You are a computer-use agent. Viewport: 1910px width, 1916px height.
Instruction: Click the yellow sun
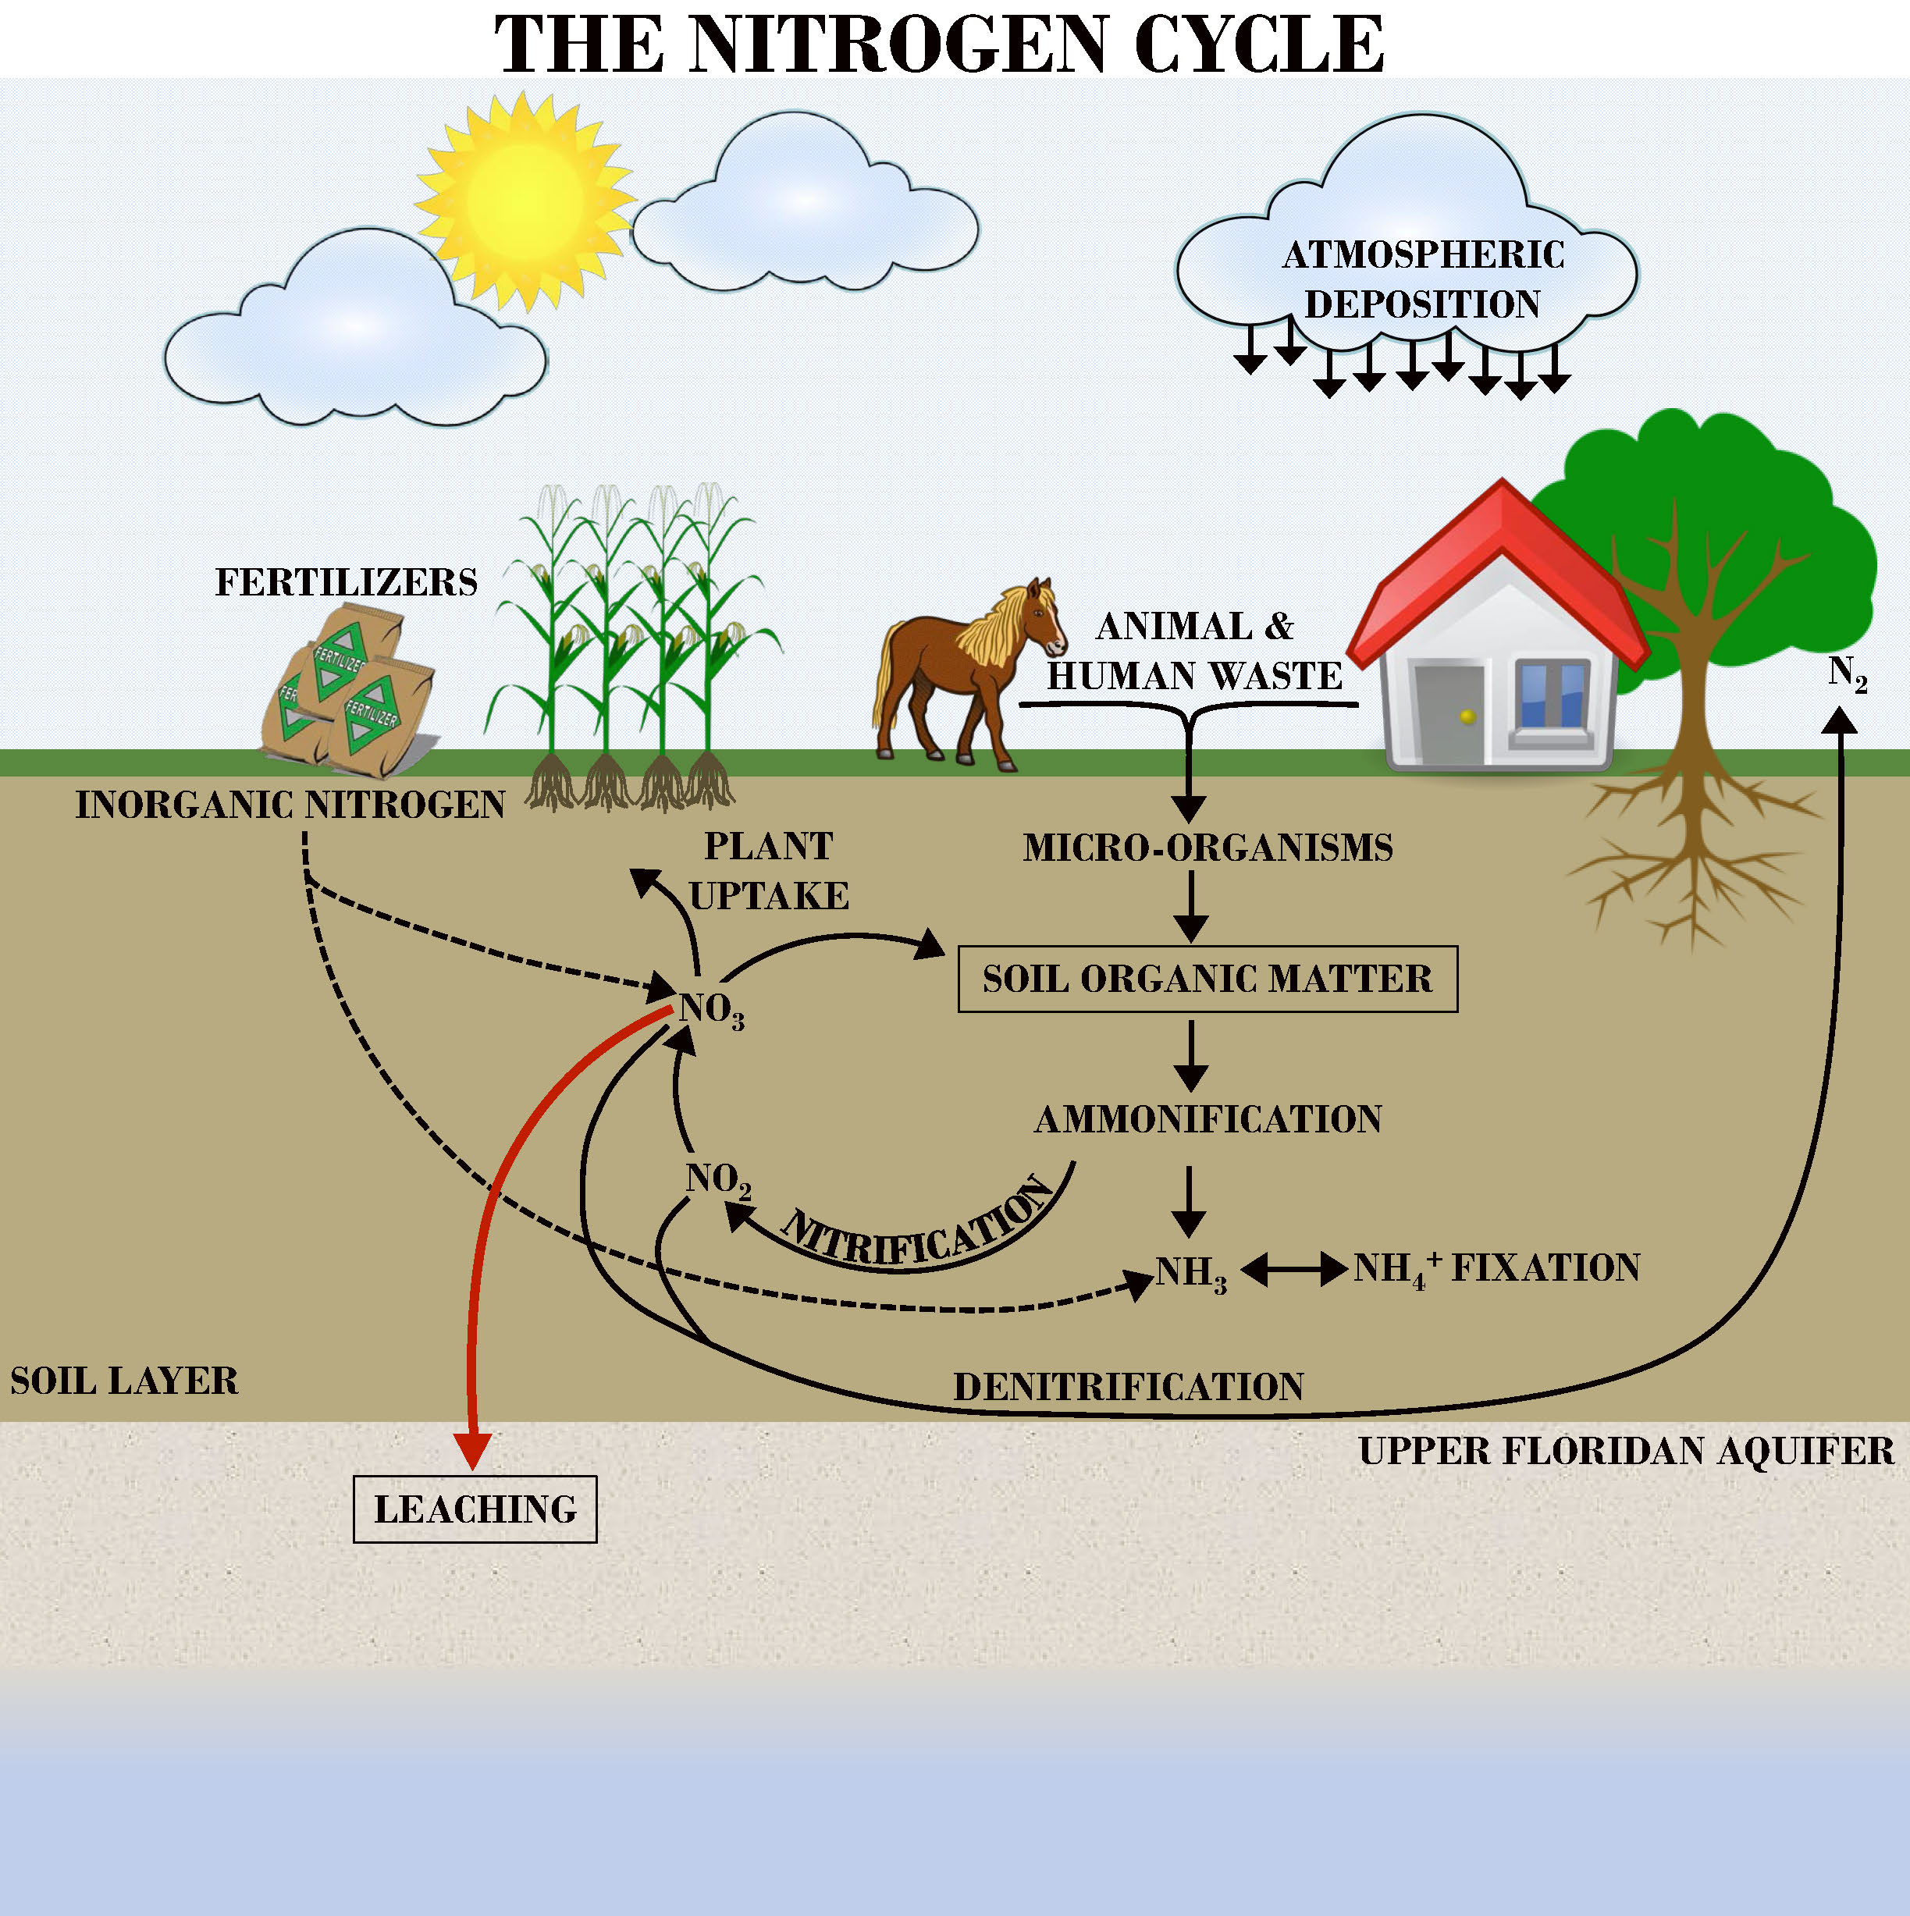click(525, 199)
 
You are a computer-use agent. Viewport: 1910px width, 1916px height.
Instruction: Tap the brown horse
click(967, 674)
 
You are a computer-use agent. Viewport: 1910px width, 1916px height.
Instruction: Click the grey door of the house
click(1449, 714)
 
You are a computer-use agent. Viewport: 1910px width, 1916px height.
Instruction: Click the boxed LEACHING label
click(475, 1509)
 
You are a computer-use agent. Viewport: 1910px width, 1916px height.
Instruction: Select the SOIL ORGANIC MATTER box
click(1207, 979)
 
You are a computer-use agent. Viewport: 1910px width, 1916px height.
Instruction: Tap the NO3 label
click(711, 1011)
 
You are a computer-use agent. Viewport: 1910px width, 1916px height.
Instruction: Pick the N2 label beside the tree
click(1848, 674)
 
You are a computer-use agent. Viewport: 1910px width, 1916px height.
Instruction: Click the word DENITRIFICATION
click(1129, 1386)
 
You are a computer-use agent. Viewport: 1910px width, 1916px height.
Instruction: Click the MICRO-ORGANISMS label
click(1208, 848)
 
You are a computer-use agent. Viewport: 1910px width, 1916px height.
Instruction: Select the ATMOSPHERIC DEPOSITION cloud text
click(1423, 279)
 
